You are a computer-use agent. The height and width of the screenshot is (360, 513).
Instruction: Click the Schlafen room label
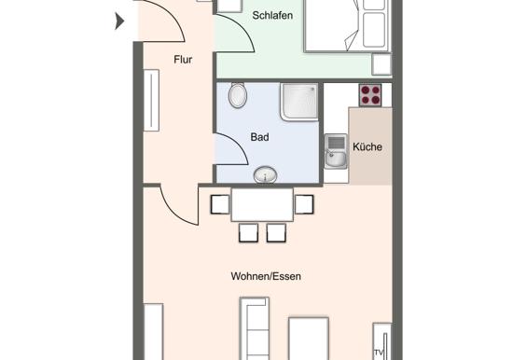pyautogui.click(x=272, y=15)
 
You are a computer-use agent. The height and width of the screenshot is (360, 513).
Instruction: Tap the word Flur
pyautogui.click(x=183, y=60)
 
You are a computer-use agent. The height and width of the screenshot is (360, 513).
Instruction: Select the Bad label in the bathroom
pyautogui.click(x=260, y=137)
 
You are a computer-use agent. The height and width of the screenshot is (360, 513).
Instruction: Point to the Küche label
pyautogui.click(x=367, y=146)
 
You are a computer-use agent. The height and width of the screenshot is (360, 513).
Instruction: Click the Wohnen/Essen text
pyautogui.click(x=266, y=276)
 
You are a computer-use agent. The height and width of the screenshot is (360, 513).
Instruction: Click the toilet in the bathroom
pyautogui.click(x=238, y=95)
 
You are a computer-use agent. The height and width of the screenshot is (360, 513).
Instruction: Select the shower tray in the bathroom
pyautogui.click(x=299, y=102)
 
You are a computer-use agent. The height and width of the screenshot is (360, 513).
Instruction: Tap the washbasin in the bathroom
pyautogui.click(x=265, y=174)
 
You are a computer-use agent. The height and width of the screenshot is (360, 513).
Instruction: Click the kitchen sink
pyautogui.click(x=336, y=151)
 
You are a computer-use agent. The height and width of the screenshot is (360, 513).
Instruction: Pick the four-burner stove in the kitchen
pyautogui.click(x=370, y=95)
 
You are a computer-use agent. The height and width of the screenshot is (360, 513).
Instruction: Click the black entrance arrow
pyautogui.click(x=119, y=21)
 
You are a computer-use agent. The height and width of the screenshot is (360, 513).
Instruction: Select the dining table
pyautogui.click(x=262, y=204)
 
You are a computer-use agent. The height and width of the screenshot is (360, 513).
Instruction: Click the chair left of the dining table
pyautogui.click(x=220, y=204)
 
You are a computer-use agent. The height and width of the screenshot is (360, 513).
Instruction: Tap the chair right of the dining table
pyautogui.click(x=304, y=204)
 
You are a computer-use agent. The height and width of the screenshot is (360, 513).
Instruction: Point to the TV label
pyautogui.click(x=379, y=353)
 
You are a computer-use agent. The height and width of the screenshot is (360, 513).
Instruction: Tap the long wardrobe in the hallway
pyautogui.click(x=151, y=100)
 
